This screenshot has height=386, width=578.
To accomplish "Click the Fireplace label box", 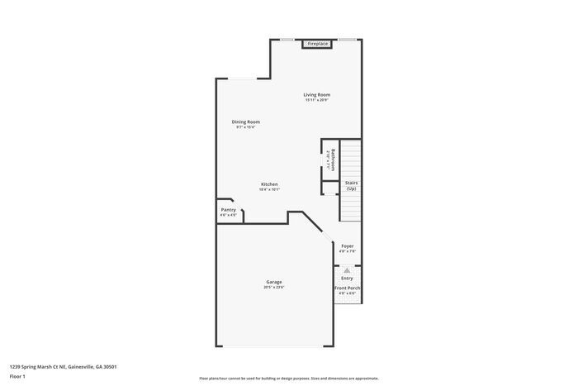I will point(318,44).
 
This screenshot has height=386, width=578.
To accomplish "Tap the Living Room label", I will point(317,95).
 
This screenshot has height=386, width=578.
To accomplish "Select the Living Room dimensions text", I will point(317,101).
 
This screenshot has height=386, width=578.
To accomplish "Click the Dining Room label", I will point(246,122).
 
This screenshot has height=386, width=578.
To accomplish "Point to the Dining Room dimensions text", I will point(246,127).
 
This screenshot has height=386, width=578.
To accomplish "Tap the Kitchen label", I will point(269,183).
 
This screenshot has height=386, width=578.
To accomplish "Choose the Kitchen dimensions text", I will point(269,189).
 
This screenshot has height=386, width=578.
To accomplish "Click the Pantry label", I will point(229,209).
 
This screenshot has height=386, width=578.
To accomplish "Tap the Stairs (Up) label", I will point(351,186).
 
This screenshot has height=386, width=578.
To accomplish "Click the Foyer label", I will point(348,245).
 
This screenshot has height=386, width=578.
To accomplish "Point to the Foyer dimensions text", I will point(348,251).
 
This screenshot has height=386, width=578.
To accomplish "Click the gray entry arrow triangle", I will point(347,269).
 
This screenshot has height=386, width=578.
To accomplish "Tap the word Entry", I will point(347,278).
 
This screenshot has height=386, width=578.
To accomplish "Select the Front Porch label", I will point(347,288).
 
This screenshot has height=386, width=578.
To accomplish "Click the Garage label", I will point(273,282).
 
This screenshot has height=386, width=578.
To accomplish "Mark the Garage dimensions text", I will point(273,288).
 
